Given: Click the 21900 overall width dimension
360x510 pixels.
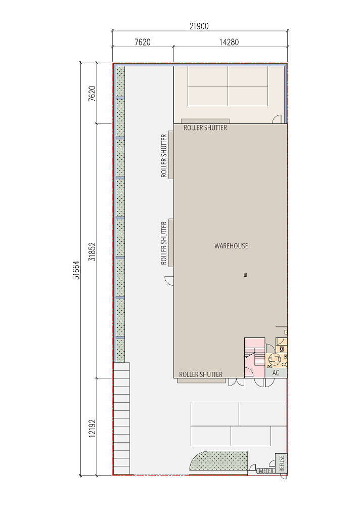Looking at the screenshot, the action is coord(199,26).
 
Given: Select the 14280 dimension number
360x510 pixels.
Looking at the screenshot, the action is coord(229,42).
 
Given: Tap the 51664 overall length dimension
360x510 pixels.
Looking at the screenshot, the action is coord(76,270).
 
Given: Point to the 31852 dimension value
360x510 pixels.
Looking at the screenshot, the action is coord(92,251).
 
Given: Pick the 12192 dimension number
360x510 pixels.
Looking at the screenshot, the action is coord(92,428).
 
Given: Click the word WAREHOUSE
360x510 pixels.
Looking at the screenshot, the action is coord(231,246).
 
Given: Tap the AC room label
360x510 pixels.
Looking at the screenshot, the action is coord(276,373).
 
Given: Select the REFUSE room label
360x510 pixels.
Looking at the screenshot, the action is coord(281,463).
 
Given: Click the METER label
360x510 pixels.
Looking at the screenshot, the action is coord(266,471).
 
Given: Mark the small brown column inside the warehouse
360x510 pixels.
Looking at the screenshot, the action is coord(245,275).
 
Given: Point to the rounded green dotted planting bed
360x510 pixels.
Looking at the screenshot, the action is coord(218,460).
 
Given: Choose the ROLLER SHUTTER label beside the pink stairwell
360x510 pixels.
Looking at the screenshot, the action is coord(201,374).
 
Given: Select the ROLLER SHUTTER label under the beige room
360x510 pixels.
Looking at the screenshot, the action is coord(205,128).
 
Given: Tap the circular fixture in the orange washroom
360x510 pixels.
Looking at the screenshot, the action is coord(274,359).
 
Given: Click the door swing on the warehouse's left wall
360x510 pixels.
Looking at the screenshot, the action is coord(169,280).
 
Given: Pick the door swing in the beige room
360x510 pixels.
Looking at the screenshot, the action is coord(277,119).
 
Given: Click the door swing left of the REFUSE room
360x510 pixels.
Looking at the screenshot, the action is coord(272,463).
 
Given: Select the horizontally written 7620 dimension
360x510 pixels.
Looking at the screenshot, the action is coord(142,42).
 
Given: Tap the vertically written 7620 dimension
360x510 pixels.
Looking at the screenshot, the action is coord(92,94).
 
